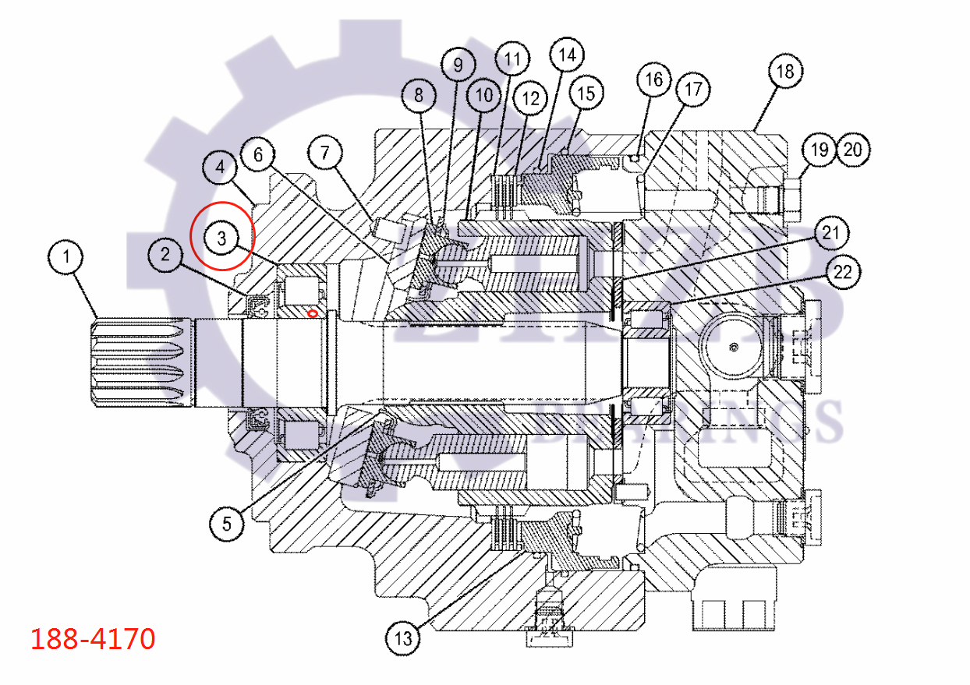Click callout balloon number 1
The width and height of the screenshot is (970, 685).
click(x=66, y=257)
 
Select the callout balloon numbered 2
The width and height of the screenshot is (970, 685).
click(x=165, y=253)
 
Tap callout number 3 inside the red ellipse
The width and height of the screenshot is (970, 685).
click(x=222, y=238)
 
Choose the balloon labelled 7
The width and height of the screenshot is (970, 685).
click(x=326, y=154)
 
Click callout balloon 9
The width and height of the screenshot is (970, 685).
click(x=458, y=64)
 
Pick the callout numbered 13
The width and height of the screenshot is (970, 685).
click(x=403, y=640)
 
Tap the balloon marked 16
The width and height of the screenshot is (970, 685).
click(x=654, y=79)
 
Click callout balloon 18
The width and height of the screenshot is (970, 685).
click(x=784, y=72)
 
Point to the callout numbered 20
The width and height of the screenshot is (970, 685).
click(x=853, y=149)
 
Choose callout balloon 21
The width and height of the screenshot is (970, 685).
click(x=832, y=233)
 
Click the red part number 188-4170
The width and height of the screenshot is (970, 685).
click(x=93, y=639)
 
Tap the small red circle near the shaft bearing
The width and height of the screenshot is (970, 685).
click(x=312, y=313)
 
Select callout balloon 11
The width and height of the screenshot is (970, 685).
click(x=512, y=59)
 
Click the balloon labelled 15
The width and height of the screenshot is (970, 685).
click(x=586, y=94)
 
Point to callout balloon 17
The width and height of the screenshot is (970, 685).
click(x=693, y=90)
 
